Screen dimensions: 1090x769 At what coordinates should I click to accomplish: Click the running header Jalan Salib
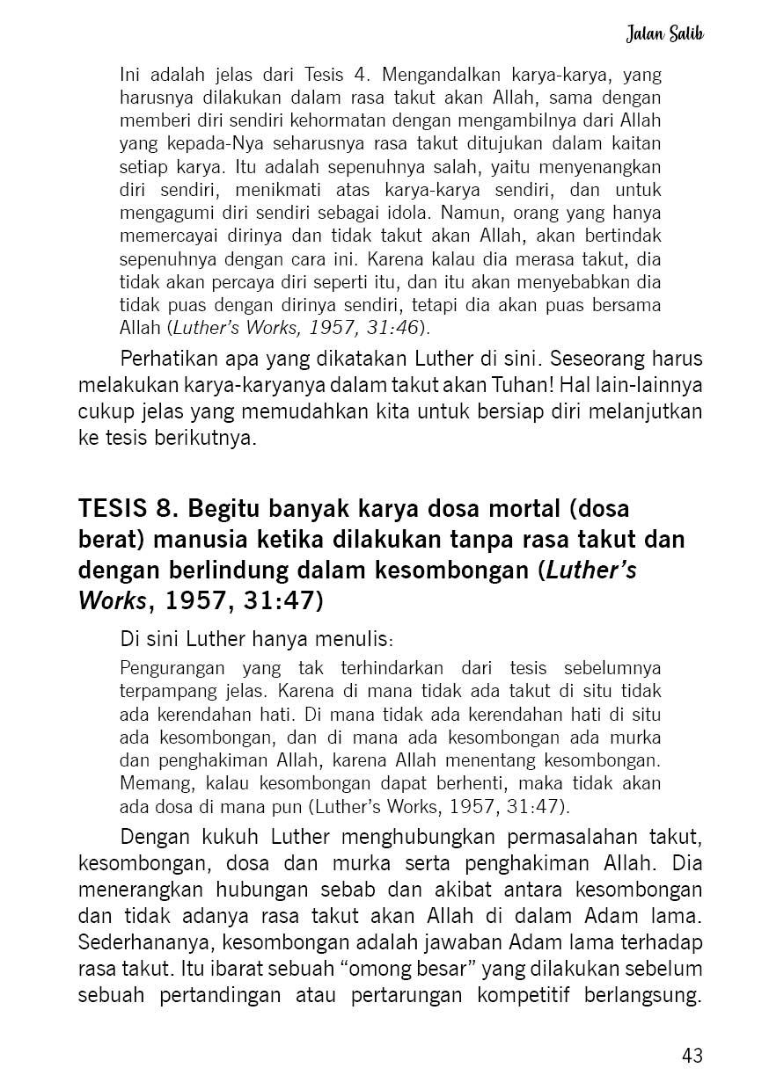click(665, 34)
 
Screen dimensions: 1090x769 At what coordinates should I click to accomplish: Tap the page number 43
click(692, 1056)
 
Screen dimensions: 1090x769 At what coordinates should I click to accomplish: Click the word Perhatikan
click(167, 360)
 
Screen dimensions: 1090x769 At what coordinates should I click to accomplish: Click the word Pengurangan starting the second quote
click(172, 667)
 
